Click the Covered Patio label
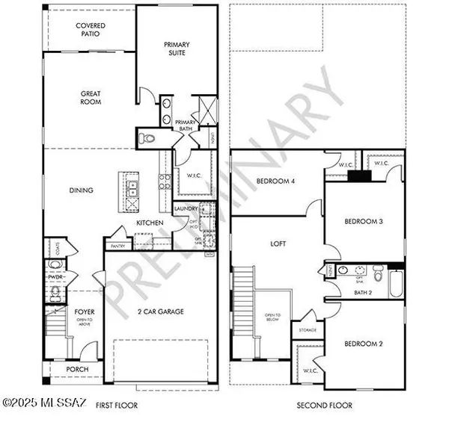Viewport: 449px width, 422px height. pyautogui.click(x=91, y=30)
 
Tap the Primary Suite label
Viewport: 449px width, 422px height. pyautogui.click(x=180, y=49)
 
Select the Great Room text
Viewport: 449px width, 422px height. pyautogui.click(x=91, y=99)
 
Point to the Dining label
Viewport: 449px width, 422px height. pyautogui.click(x=81, y=190)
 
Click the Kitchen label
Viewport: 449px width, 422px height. pyautogui.click(x=150, y=223)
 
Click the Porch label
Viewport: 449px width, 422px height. pyautogui.click(x=77, y=370)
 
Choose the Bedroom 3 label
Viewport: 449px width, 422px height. pyautogui.click(x=364, y=222)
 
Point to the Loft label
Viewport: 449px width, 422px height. pyautogui.click(x=278, y=243)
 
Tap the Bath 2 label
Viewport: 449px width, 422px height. pyautogui.click(x=364, y=292)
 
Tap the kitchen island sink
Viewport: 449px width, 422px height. pyautogui.click(x=132, y=187)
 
